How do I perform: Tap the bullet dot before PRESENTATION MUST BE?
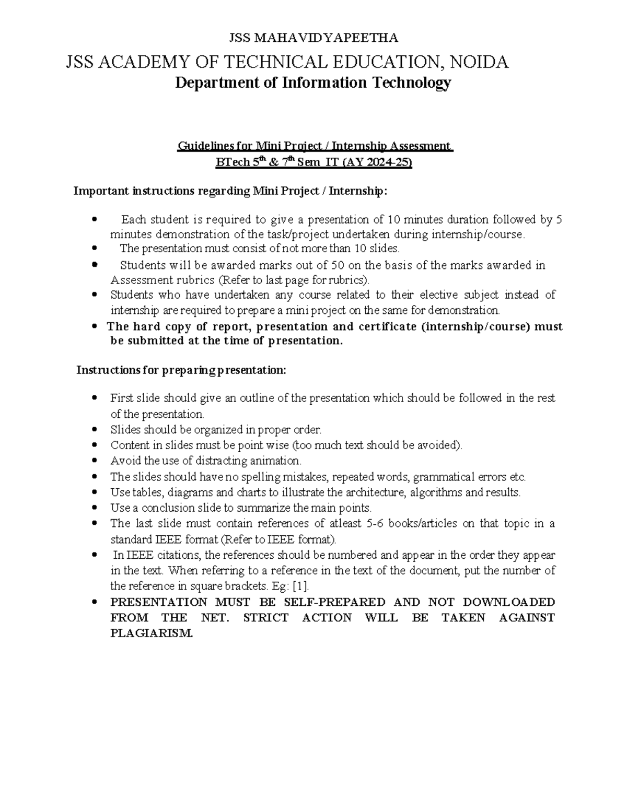pyautogui.click(x=94, y=602)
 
